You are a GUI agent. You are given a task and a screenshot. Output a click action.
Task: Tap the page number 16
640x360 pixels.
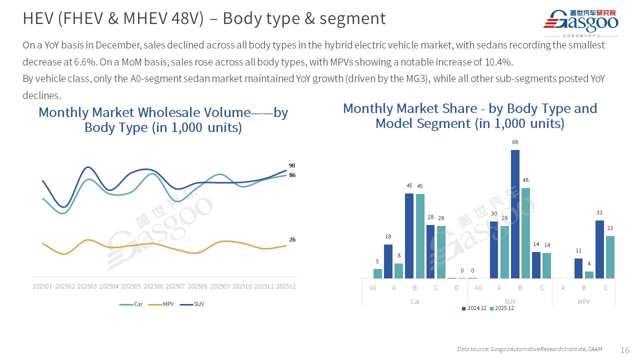624,349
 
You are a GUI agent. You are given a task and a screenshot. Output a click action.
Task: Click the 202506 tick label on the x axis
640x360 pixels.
153,286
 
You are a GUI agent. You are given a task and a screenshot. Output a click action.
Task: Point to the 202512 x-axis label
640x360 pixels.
286,286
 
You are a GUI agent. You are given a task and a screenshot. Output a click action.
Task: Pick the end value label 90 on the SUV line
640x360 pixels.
292,165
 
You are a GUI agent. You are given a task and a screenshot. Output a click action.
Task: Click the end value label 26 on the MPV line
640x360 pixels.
292,239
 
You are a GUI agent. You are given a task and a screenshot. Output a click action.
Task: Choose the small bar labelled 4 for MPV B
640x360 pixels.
589,274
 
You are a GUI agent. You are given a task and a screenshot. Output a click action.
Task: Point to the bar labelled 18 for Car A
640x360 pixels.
388,261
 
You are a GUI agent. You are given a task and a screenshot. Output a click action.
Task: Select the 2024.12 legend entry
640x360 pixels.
474,308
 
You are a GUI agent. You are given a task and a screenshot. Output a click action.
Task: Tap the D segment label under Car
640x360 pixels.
457,288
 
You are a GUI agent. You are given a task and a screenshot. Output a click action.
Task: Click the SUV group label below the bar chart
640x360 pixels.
510,302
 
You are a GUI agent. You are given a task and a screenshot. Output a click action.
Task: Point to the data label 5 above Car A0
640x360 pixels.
377,261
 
